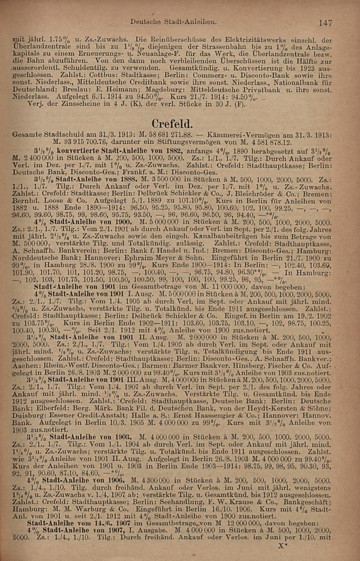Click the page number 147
[325, 23]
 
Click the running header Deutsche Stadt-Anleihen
[173, 22]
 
